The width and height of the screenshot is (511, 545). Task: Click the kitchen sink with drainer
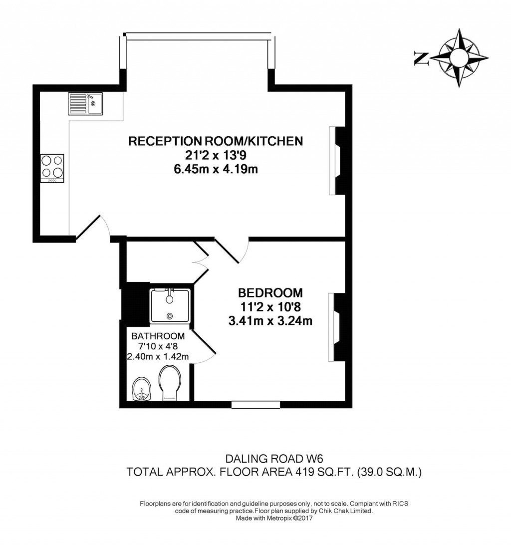click(85, 104)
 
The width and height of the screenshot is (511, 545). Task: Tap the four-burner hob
click(52, 167)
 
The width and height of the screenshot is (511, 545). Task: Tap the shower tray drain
click(170, 315)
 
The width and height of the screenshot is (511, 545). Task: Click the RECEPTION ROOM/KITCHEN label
click(216, 141)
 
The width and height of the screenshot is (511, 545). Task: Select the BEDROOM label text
click(270, 292)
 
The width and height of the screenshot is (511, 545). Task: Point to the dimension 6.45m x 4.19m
click(216, 169)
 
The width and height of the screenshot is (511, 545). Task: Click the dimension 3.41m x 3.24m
click(270, 320)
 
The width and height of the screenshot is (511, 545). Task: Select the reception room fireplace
click(336, 161)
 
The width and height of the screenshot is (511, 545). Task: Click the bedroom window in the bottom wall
click(248, 404)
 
